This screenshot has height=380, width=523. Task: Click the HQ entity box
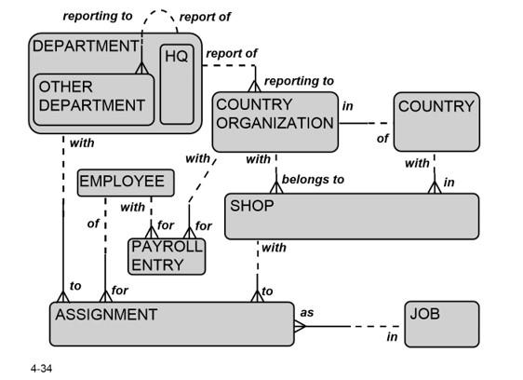[177, 84]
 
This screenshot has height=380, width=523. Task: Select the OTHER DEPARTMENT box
[93, 97]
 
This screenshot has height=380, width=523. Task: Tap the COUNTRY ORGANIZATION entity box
[275, 121]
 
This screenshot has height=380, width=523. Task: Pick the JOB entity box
[442, 323]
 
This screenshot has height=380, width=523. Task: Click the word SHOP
[251, 206]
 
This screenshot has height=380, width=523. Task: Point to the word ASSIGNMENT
[106, 315]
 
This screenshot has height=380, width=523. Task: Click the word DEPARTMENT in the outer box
[85, 46]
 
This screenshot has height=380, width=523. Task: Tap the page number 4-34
[41, 370]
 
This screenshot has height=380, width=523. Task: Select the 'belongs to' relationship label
[313, 179]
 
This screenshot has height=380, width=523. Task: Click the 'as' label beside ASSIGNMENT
[307, 311]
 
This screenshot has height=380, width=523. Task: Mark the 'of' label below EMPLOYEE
[93, 224]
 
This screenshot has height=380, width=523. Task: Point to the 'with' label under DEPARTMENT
[82, 144]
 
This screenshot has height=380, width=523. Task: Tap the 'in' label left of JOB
[393, 336]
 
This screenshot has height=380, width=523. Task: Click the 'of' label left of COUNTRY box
[382, 139]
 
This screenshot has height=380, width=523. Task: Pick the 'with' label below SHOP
[274, 248]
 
